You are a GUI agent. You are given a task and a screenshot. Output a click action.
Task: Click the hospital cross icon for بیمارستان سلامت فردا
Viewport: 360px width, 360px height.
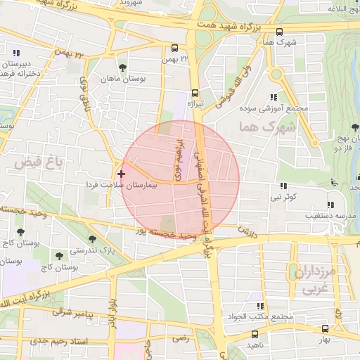[122, 173]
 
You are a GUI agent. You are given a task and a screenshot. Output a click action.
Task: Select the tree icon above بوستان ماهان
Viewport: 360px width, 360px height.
[124, 67]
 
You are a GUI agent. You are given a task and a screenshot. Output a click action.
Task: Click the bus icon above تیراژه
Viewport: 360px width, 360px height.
[195, 92]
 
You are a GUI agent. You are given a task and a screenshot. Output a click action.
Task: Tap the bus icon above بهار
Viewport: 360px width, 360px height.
[324, 328]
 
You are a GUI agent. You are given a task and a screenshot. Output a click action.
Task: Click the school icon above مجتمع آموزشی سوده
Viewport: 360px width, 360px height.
[274, 98]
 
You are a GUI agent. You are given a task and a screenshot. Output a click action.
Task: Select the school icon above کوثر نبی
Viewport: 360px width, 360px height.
[283, 186]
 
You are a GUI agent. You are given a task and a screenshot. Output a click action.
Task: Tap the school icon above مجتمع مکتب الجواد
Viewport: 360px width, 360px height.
[261, 306]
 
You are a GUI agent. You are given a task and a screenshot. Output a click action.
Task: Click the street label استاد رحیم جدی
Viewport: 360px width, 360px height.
[56, 341]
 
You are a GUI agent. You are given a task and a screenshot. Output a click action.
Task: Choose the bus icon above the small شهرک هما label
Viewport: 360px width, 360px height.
[280, 32]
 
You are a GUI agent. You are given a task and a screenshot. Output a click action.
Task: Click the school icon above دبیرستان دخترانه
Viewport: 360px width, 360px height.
[15, 52]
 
